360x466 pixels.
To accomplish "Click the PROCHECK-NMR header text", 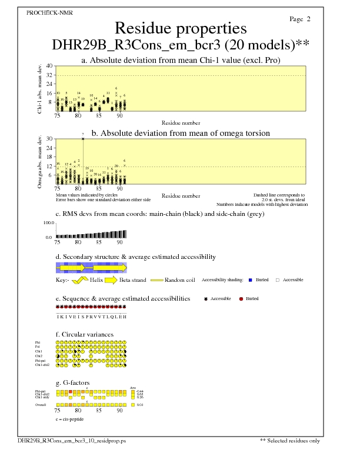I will click(x=50, y=13).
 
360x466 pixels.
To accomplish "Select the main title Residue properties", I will click(x=181, y=28).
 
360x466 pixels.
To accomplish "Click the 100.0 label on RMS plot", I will click(x=49, y=224).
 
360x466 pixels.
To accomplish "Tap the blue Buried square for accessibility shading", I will click(x=250, y=280).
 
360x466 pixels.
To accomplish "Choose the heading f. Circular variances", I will click(x=84, y=335).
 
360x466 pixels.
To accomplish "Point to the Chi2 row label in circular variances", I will click(x=39, y=356).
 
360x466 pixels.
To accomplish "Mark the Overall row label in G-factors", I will click(x=40, y=405).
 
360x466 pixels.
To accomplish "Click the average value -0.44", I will click(x=139, y=391).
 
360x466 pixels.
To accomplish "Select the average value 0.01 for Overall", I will click(x=139, y=405).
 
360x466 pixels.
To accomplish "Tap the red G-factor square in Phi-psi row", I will click(x=71, y=391).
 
